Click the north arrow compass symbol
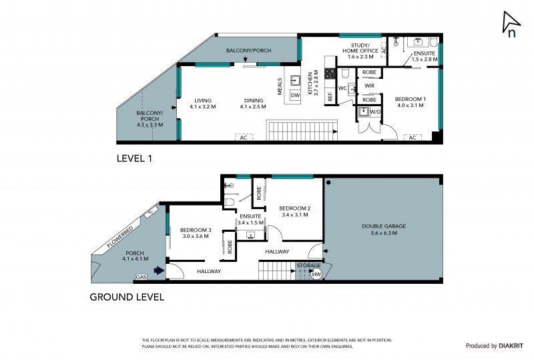[511, 24]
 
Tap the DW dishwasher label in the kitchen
[295, 96]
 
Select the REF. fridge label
[330, 96]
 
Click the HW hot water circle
[316, 275]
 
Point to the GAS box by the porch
[141, 277]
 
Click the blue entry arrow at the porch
[159, 271]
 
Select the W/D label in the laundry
[375, 112]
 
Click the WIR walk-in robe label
[370, 85]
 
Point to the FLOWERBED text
[120, 237]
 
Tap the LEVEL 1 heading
[134, 158]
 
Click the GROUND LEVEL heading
[127, 297]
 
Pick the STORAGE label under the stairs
[308, 265]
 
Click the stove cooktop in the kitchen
[330, 73]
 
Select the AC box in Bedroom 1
[413, 138]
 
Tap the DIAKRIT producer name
[511, 346]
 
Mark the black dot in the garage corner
[328, 183]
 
